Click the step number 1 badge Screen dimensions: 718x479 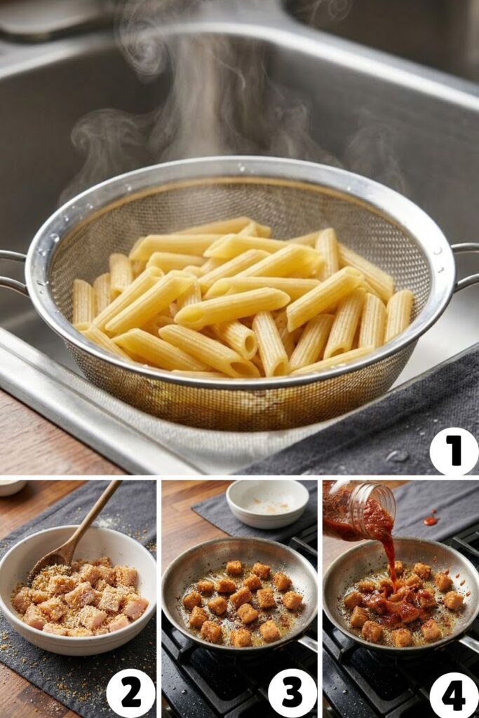[x=453, y=451]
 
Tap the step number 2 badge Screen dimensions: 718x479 [x=130, y=693]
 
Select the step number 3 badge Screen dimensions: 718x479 [x=292, y=693]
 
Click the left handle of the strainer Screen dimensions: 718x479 [x=12, y=271]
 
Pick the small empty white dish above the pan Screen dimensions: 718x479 [x=267, y=502]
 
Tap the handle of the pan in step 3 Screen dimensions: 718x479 [x=307, y=642]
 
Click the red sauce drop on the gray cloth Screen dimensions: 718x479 [x=431, y=521]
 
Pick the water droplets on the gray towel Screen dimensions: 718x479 [x=398, y=456]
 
